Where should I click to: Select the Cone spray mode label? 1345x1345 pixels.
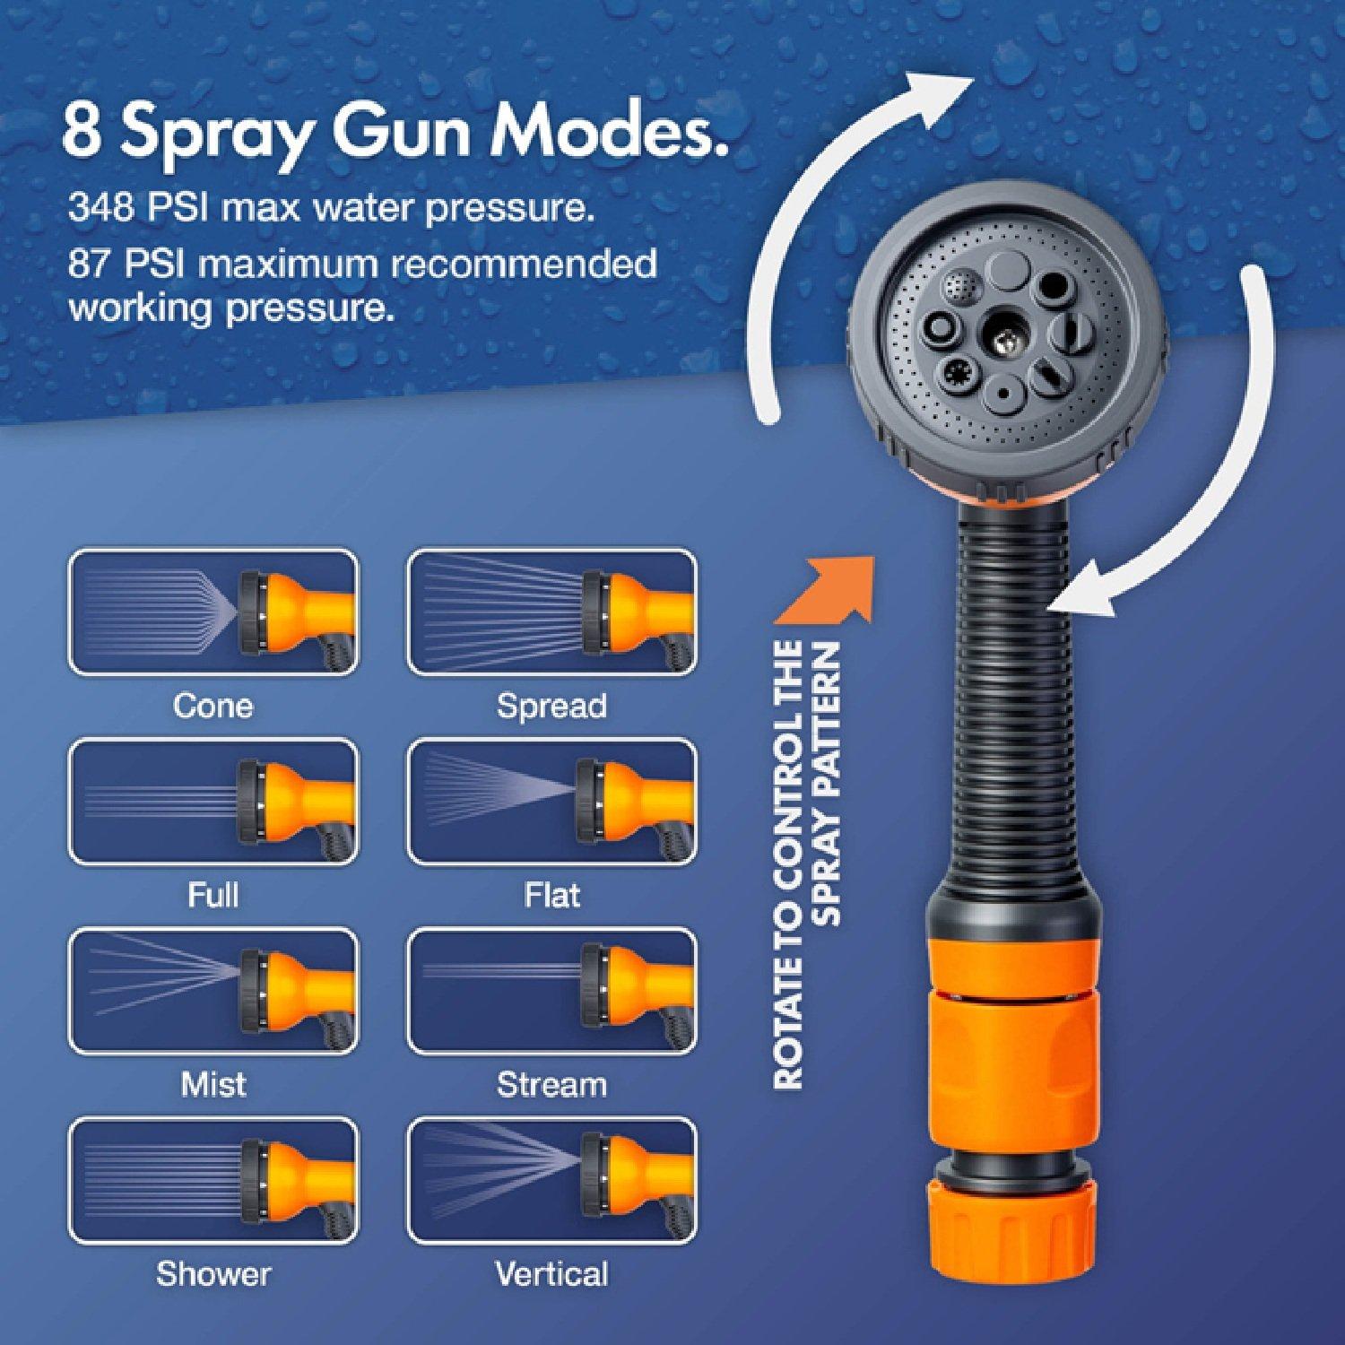coord(213,706)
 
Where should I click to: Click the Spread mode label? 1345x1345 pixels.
coord(551,707)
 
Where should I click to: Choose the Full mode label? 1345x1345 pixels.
coord(213,895)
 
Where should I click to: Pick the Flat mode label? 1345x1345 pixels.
coord(551,895)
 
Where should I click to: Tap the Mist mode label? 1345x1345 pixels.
coord(213,1084)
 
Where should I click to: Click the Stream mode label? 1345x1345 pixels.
coord(551,1084)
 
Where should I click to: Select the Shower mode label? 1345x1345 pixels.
coord(213,1273)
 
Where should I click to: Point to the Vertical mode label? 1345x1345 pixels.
coord(551,1273)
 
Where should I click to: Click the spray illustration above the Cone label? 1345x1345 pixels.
coord(213,613)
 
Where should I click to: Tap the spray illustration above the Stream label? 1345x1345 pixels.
coord(551,992)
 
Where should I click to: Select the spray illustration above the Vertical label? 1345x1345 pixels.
coord(551,1181)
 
